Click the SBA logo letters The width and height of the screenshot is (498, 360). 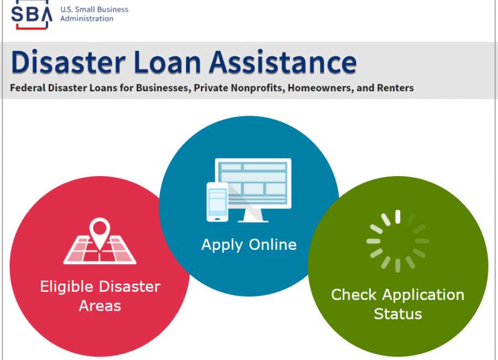point(32,14)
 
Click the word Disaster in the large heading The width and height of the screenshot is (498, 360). point(68,62)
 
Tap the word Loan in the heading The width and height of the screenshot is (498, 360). point(167,62)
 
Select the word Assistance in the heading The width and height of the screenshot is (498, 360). point(283,62)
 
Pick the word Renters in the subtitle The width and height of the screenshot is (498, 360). point(395,88)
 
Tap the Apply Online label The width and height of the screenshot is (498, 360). point(249,245)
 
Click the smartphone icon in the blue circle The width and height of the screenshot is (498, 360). point(217,202)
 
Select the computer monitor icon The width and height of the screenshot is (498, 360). point(253,190)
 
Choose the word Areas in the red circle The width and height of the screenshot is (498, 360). point(100,306)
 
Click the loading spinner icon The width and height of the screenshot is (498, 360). point(398,241)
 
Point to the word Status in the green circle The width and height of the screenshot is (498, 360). point(398,314)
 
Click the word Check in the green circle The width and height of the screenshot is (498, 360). point(354,295)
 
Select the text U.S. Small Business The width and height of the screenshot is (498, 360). point(94,9)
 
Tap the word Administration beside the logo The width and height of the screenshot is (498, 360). point(87,19)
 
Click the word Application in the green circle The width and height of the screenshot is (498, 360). point(423,295)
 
